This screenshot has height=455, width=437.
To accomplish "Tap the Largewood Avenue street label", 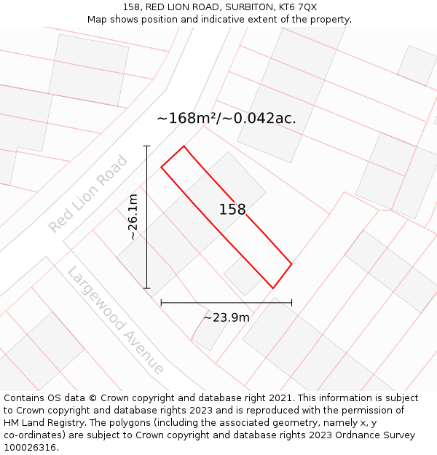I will pyautogui.click(x=116, y=320).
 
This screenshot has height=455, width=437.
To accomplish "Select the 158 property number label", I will pyautogui.click(x=232, y=210).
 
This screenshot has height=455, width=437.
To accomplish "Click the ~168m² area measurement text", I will pyautogui.click(x=188, y=118).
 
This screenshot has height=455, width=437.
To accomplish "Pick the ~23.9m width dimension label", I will pyautogui.click(x=226, y=317).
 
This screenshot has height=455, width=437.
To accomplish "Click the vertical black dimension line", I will pyautogui.click(x=146, y=218).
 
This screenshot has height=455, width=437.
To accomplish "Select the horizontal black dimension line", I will pyautogui.click(x=226, y=302).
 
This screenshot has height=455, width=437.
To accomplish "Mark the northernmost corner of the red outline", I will pyautogui.click(x=184, y=146).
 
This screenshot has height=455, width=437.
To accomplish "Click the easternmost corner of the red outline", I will pyautogui.click(x=291, y=264).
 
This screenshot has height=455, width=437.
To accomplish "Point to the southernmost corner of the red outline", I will pyautogui.click(x=272, y=288).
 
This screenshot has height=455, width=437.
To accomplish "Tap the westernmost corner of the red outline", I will pyautogui.click(x=161, y=168).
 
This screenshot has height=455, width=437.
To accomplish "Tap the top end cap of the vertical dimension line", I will pyautogui.click(x=146, y=146).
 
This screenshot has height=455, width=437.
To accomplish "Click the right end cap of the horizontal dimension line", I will pyautogui.click(x=291, y=302).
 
